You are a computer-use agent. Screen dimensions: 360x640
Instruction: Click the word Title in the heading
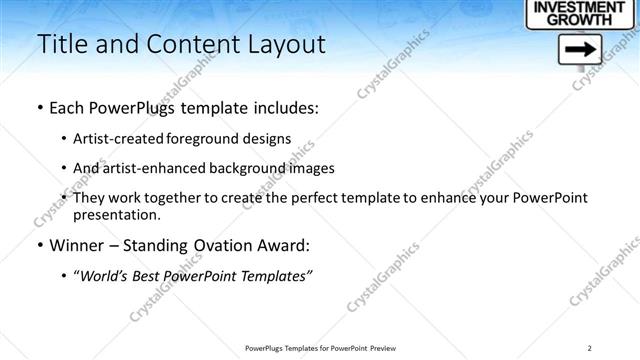click(62, 44)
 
